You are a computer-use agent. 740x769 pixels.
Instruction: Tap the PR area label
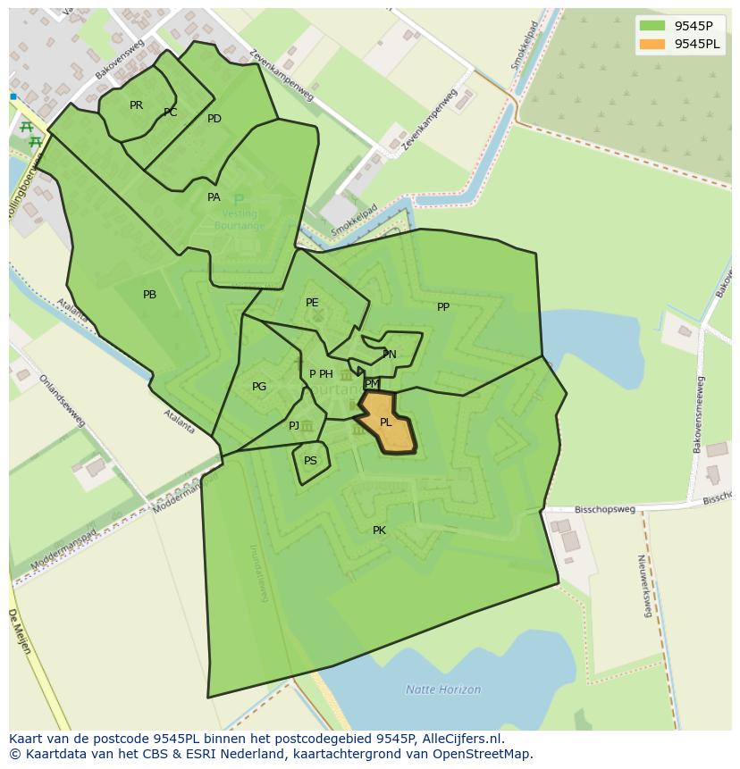136,105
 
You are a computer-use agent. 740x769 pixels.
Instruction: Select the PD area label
214,119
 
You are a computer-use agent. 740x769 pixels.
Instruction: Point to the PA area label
214,197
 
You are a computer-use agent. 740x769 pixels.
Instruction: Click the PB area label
149,295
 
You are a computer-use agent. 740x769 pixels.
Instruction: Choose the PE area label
312,303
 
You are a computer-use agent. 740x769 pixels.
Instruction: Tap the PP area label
443,307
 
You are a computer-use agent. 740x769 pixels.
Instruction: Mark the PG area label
259,387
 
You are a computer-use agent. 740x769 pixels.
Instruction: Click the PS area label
310,462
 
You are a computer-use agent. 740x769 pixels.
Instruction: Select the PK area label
379,531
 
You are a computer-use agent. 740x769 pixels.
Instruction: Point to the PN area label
390,355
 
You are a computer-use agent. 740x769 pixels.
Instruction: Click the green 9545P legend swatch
652,26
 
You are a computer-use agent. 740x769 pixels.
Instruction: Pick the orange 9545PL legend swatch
652,44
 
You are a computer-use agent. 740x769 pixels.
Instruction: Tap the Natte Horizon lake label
443,690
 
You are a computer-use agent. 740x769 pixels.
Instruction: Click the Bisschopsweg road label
605,510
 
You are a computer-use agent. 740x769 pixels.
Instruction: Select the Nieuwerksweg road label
643,586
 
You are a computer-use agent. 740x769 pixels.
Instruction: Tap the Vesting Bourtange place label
239,220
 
